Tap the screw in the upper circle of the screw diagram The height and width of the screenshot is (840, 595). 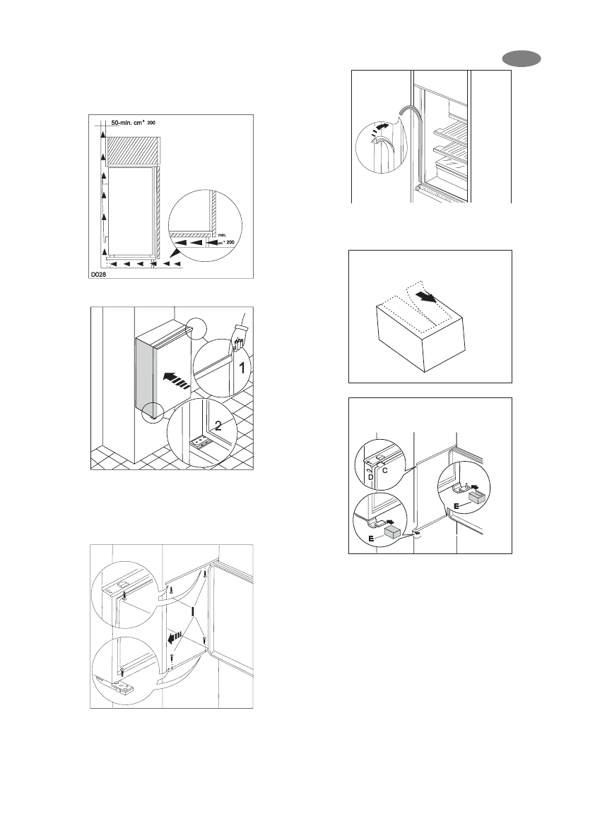point(124,596)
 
